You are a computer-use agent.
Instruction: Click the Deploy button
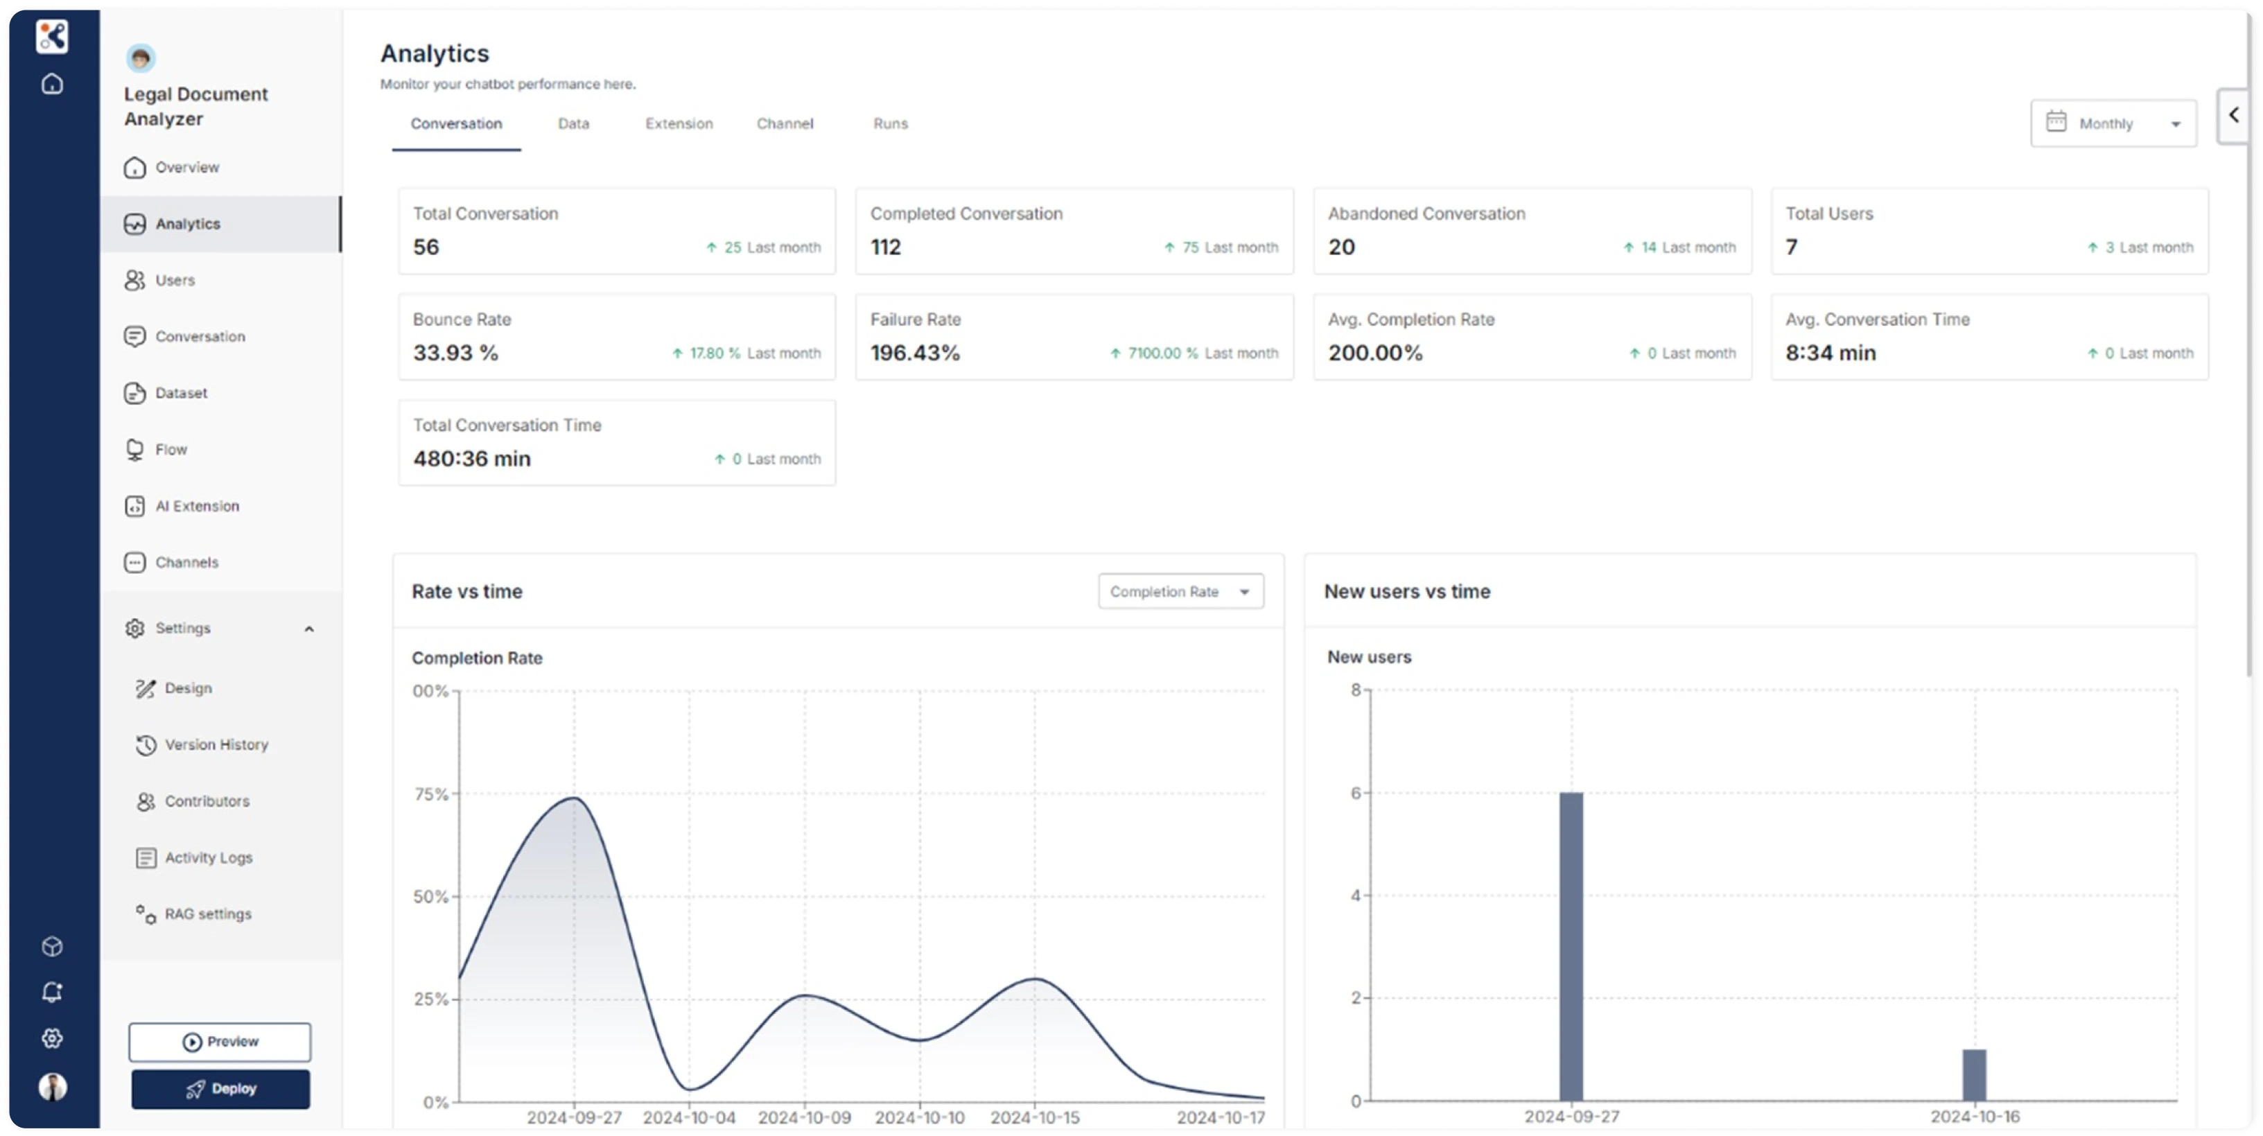[x=220, y=1089]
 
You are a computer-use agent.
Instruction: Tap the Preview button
[x=220, y=1042]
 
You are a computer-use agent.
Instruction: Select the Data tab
[x=574, y=124]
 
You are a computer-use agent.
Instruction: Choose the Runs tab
[x=890, y=124]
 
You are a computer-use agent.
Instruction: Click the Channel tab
[x=785, y=124]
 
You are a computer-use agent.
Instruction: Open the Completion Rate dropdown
[x=1180, y=591]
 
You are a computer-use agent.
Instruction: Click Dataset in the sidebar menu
[x=181, y=393]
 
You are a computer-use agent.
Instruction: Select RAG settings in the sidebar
[x=207, y=914]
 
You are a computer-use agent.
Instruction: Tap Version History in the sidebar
[x=216, y=744]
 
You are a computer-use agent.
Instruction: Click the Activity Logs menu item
[x=208, y=857]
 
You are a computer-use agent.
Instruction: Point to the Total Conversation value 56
[x=426, y=247]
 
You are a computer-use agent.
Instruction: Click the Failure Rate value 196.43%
[x=914, y=352]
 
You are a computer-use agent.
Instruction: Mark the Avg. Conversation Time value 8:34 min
[x=1830, y=352]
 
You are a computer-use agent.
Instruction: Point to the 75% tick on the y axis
[x=430, y=794]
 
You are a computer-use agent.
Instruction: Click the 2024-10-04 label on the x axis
[x=689, y=1117]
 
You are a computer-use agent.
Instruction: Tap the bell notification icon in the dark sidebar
[x=52, y=992]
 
